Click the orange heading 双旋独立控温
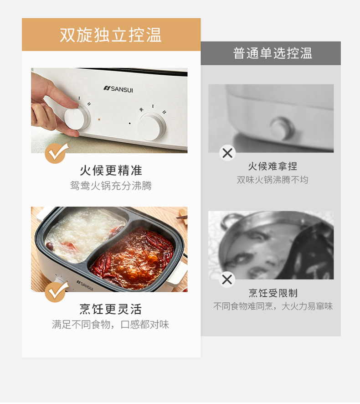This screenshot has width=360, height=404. click(111, 35)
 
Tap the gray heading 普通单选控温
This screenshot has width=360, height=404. click(273, 53)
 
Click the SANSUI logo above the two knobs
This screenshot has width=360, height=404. click(118, 89)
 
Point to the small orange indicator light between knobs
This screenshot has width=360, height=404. click(99, 119)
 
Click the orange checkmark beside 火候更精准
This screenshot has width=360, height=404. click(56, 153)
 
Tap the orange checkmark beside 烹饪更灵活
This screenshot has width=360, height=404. click(56, 291)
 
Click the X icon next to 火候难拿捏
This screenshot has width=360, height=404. click(227, 153)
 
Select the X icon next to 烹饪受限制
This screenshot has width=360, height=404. click(227, 280)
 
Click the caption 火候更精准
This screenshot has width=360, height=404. click(111, 170)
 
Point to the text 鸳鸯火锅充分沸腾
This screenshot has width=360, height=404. click(111, 186)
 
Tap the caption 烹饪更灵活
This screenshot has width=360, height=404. click(111, 309)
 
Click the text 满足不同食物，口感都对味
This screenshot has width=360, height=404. click(110, 324)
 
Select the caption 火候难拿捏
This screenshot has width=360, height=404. click(273, 166)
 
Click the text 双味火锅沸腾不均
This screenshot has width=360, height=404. click(273, 180)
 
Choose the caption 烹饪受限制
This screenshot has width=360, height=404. click(273, 293)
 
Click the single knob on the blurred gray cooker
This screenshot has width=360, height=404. click(282, 129)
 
